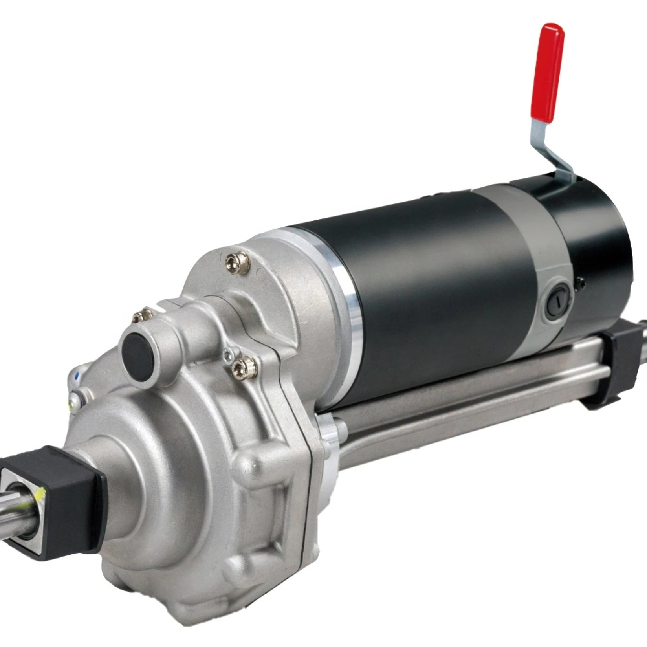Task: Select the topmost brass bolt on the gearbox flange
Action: coord(238,263)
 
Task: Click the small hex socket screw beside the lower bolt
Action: coord(228,356)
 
